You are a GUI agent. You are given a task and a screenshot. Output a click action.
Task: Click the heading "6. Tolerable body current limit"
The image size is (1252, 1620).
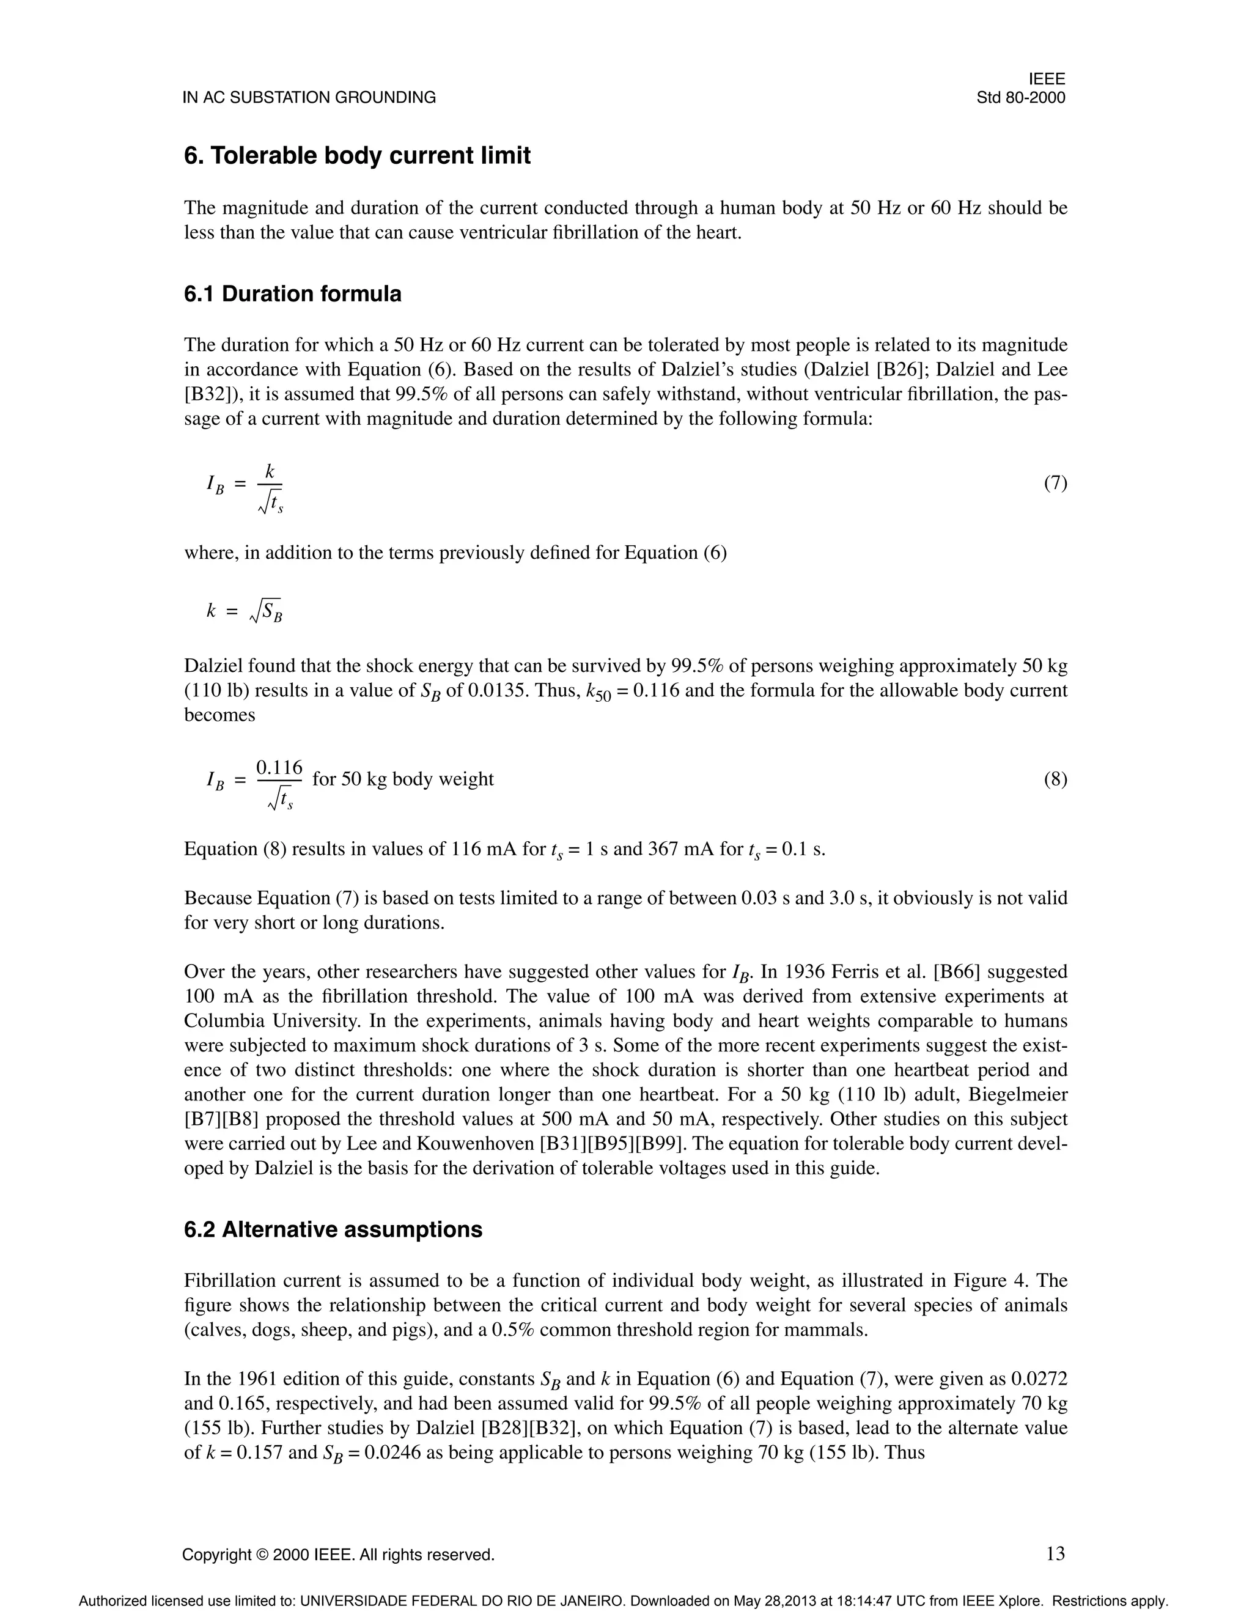pyautogui.click(x=357, y=156)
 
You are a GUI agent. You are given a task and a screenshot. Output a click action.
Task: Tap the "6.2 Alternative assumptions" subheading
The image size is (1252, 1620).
pyautogui.click(x=333, y=1229)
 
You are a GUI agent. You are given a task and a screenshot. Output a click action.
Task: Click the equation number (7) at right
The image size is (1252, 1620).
pyautogui.click(x=1055, y=484)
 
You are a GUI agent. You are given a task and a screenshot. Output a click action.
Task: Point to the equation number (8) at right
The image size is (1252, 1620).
pyautogui.click(x=1055, y=779)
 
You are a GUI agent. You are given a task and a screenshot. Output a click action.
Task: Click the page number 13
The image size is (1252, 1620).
pyautogui.click(x=1055, y=1553)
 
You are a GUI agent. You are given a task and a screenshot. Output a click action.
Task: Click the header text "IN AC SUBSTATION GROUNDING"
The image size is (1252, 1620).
pyautogui.click(x=309, y=97)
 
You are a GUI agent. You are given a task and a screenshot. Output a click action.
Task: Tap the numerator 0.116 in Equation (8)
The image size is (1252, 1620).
pyautogui.click(x=279, y=767)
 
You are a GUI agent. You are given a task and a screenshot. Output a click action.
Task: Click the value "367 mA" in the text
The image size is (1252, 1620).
pyautogui.click(x=682, y=849)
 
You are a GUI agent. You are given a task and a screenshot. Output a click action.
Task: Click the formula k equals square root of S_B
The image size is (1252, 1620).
pyautogui.click(x=245, y=611)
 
